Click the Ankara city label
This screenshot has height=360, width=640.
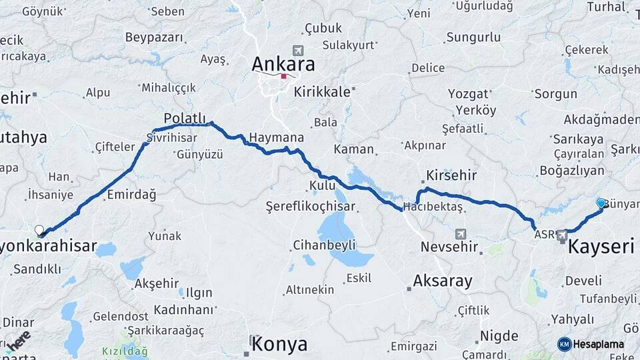point(283,65)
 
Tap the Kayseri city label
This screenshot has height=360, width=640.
point(601,247)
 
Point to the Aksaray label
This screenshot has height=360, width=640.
point(442,281)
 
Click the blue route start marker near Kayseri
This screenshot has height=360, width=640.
point(601,203)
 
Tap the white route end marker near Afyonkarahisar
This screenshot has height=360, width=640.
point(39,230)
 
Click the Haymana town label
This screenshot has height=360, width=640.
point(277,137)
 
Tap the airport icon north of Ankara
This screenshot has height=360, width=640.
point(297,50)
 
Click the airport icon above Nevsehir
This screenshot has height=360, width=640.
point(460,233)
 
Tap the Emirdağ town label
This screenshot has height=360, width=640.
point(131,195)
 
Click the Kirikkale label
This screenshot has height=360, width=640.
point(322,92)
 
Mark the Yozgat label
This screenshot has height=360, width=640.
point(468,94)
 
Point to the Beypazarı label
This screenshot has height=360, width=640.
point(154,37)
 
